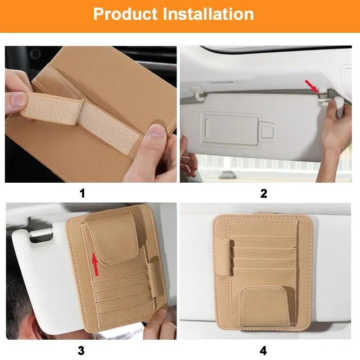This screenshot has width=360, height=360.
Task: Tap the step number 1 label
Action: (82, 193)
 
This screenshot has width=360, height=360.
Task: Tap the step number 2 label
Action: (264, 193)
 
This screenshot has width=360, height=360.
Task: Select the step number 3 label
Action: (81, 351)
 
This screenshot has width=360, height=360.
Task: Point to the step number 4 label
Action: (264, 351)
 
